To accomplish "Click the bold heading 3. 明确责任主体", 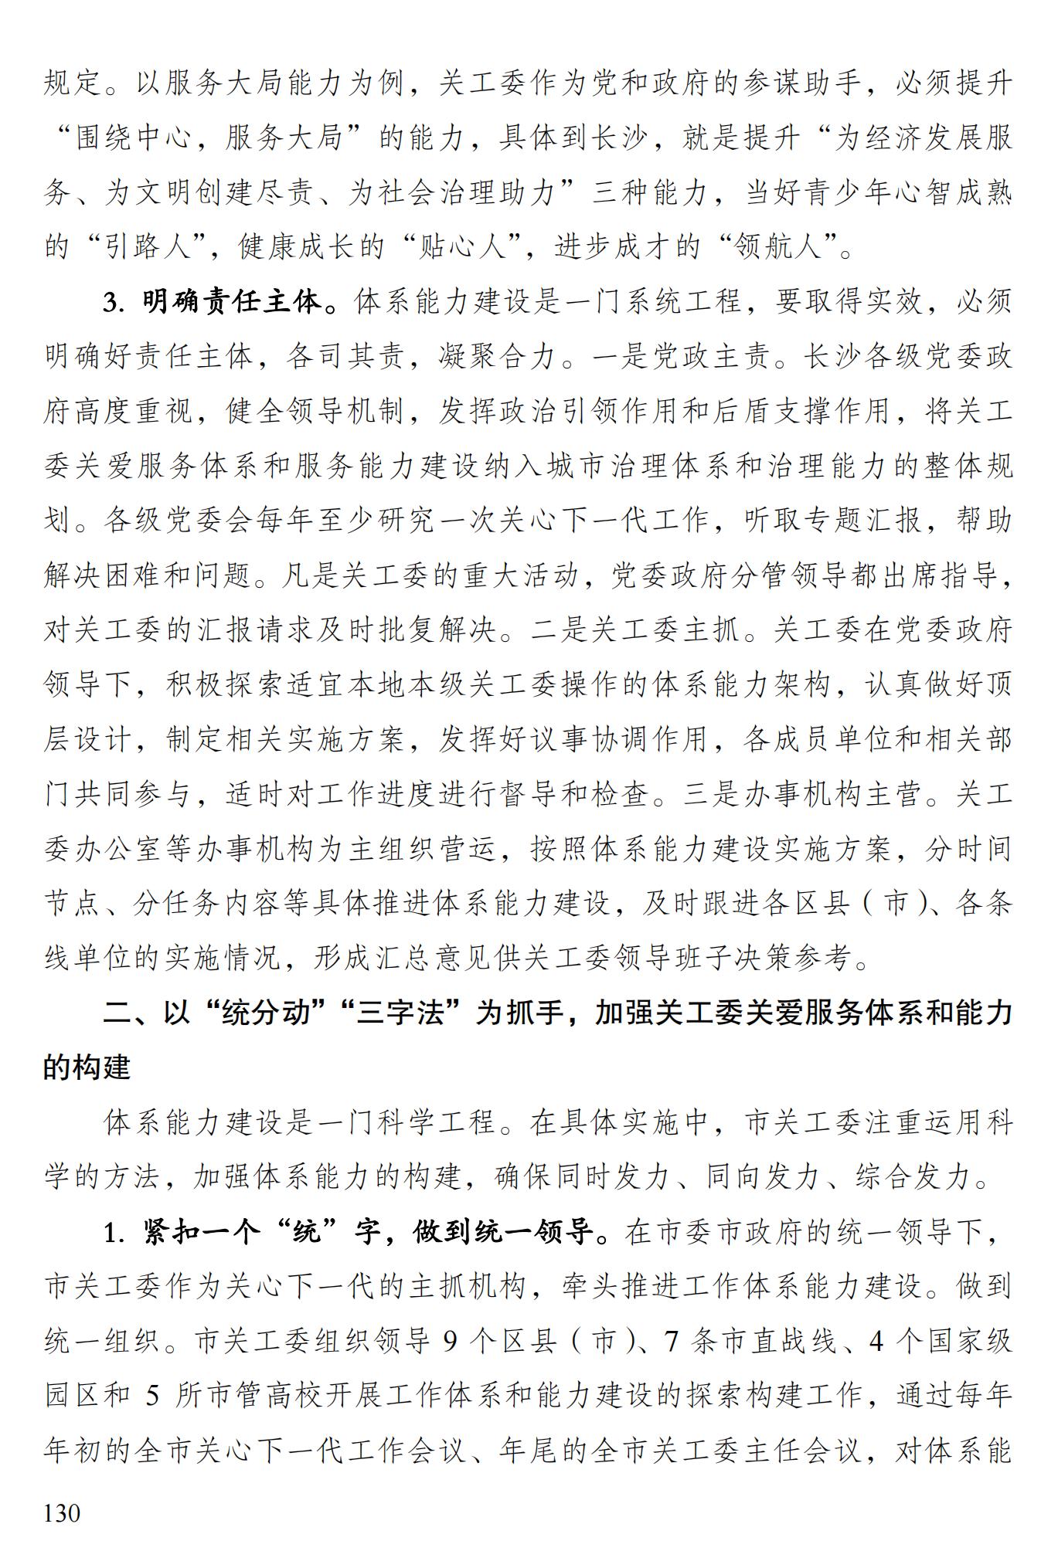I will pyautogui.click(x=213, y=302).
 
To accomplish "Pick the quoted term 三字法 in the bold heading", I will pyautogui.click(x=402, y=1013).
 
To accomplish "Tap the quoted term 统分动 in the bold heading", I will pyautogui.click(x=266, y=1013).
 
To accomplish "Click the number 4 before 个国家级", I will pyautogui.click(x=876, y=1342).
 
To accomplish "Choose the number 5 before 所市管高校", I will pyautogui.click(x=152, y=1397).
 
